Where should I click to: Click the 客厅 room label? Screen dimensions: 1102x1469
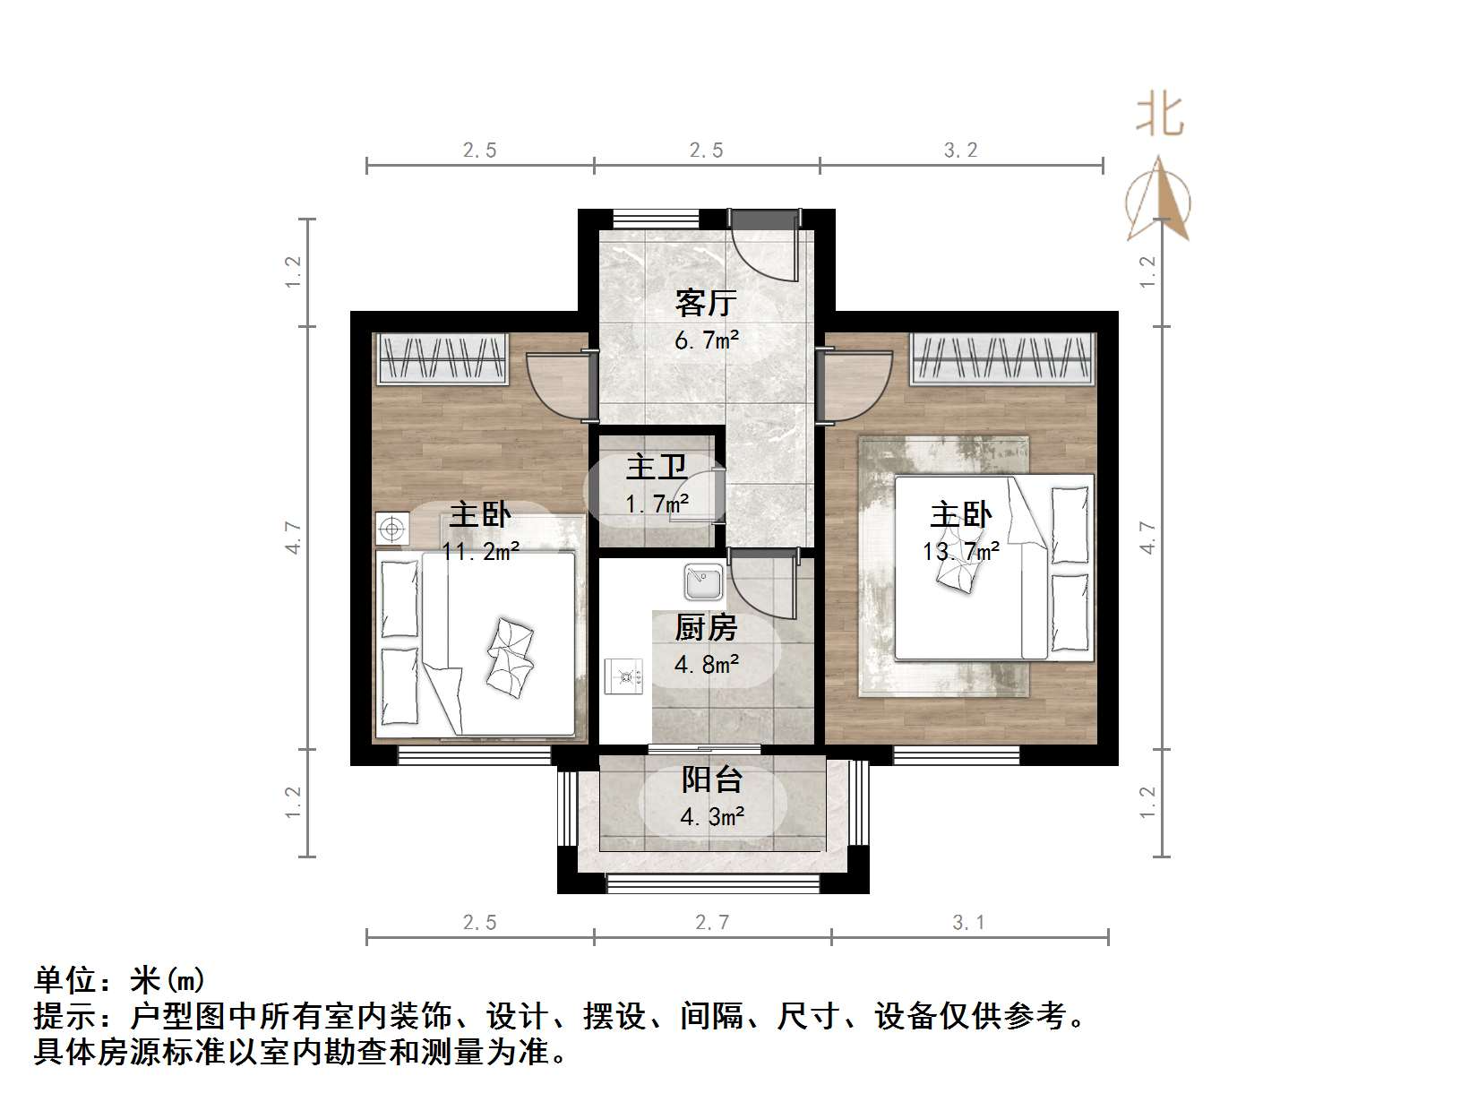point(706,303)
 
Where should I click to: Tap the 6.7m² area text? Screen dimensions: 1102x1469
point(706,340)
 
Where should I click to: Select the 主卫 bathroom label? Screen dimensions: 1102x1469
point(657,467)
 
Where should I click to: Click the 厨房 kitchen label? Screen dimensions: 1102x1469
point(706,628)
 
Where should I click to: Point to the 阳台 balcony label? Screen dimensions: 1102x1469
point(712,779)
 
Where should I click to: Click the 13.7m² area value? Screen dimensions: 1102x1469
point(960,551)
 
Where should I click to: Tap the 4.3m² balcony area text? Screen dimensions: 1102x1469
point(712,817)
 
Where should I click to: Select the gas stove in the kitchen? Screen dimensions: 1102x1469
point(624,676)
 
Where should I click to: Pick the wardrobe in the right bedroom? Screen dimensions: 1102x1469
point(1004,358)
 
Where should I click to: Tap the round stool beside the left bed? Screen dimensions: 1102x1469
point(391,529)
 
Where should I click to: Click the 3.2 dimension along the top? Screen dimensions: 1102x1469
point(960,151)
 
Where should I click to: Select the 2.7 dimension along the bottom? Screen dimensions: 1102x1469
point(712,922)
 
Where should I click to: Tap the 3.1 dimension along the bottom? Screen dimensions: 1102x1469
point(969,922)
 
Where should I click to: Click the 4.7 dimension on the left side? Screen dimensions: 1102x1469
point(294,538)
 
